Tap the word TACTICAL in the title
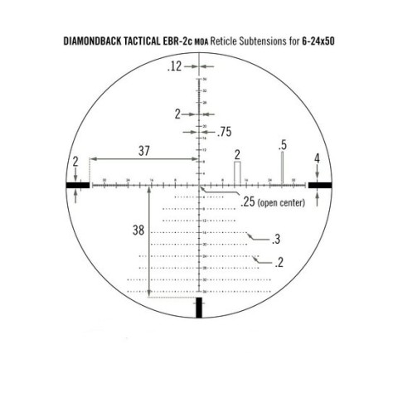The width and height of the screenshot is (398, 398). (x=151, y=39)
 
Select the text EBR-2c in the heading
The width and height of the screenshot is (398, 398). (x=189, y=39)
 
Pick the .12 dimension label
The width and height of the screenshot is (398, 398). (x=172, y=67)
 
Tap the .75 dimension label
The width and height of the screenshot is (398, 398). (x=225, y=132)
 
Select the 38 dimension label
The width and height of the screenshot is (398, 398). (x=138, y=231)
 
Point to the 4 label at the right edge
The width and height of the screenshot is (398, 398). (x=317, y=158)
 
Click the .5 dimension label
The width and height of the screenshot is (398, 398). (x=283, y=145)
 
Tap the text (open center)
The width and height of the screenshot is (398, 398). (x=282, y=202)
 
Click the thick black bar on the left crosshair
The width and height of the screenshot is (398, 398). (x=78, y=185)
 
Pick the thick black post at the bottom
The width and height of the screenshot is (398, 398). (x=199, y=308)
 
